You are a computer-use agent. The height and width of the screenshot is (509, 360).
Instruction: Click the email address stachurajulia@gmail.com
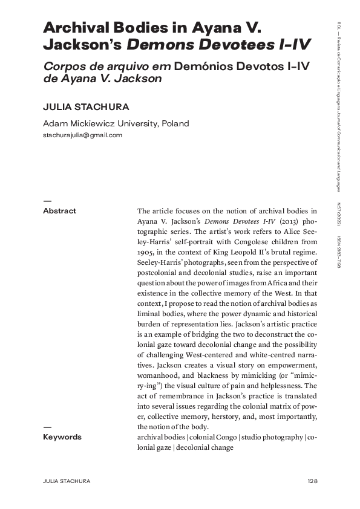pyautogui.click(x=82, y=135)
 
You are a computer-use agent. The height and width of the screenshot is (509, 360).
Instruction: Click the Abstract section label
pyautogui.click(x=59, y=211)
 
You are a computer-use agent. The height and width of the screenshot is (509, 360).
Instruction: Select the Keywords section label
pyautogui.click(x=62, y=436)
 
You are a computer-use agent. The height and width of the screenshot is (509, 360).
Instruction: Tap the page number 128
pyautogui.click(x=312, y=481)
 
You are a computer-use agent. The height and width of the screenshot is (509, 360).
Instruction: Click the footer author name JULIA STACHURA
pyautogui.click(x=67, y=481)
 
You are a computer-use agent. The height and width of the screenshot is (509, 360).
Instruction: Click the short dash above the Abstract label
pyautogui.click(x=47, y=200)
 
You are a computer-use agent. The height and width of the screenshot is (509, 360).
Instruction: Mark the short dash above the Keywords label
pyautogui.click(x=47, y=427)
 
